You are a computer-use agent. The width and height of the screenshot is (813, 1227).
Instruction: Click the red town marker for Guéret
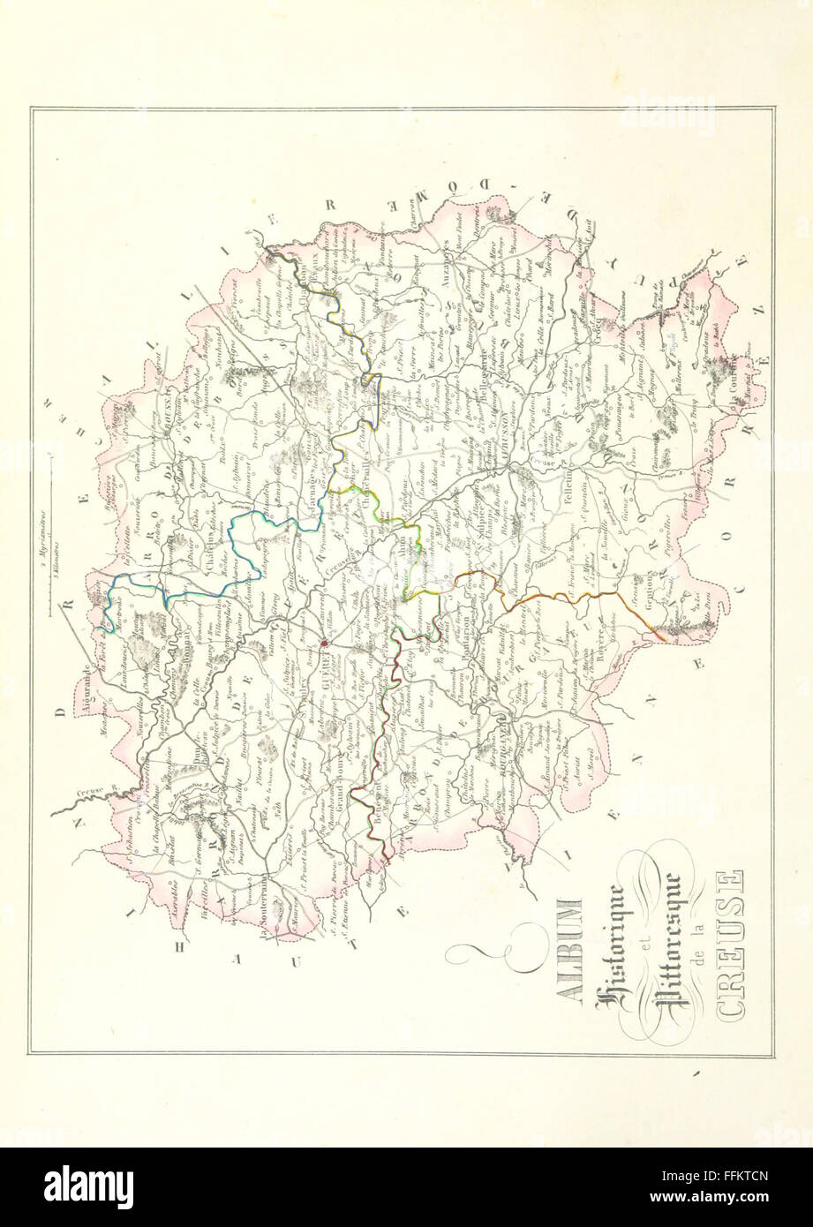(x=324, y=644)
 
